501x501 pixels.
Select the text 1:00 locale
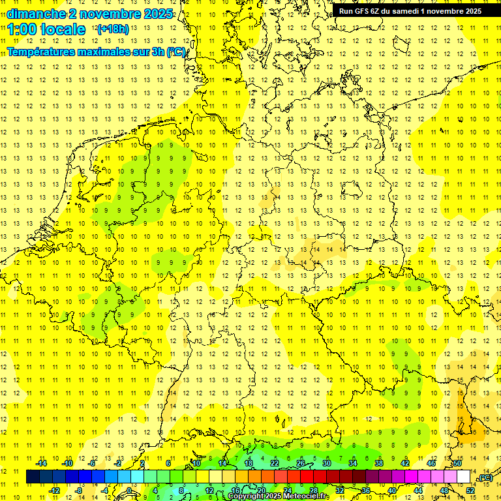(46, 29)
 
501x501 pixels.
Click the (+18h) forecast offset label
(112, 29)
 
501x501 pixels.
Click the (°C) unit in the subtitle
(176, 52)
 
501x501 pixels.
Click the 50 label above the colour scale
(457, 463)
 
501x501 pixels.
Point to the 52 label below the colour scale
(470, 490)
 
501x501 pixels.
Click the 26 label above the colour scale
(301, 463)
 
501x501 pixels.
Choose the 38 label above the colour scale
(379, 463)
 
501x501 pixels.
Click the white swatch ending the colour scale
(464, 476)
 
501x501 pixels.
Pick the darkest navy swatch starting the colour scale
(33, 476)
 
